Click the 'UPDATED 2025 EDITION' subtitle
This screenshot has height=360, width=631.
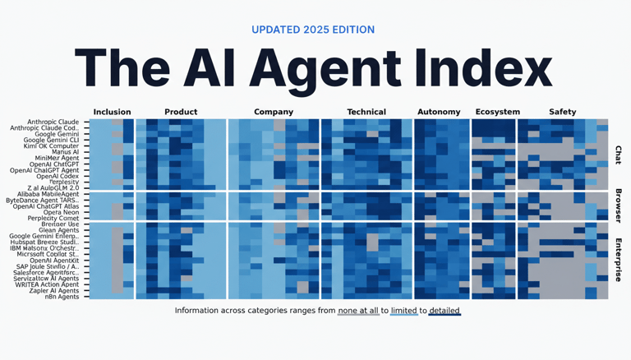click(x=313, y=30)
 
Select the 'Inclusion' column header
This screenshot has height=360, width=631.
click(x=112, y=112)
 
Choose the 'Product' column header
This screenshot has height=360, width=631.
click(x=181, y=112)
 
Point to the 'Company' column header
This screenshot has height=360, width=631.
click(x=274, y=112)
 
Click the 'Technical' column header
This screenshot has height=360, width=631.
click(x=366, y=112)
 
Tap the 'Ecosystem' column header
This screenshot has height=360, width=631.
click(x=497, y=112)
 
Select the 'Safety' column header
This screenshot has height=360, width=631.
click(x=563, y=112)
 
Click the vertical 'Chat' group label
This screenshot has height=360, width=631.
click(x=619, y=155)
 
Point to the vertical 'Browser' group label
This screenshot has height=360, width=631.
click(x=619, y=206)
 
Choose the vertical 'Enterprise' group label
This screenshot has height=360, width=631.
click(x=619, y=260)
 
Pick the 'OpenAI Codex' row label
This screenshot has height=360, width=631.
click(x=57, y=176)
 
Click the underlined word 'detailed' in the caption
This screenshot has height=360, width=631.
click(x=444, y=311)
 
